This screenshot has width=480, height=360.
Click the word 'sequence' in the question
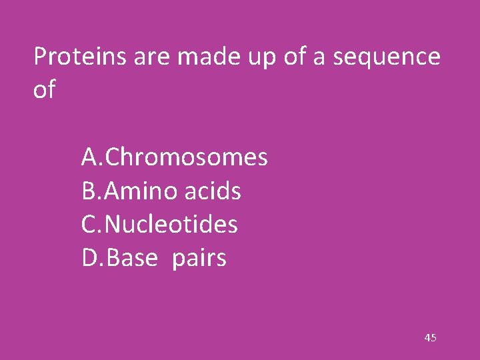point(387,59)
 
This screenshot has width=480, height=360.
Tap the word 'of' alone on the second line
point(44,90)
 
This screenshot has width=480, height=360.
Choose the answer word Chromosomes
point(187,158)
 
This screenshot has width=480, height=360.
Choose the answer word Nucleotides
point(171,225)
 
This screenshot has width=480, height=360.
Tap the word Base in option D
point(130,258)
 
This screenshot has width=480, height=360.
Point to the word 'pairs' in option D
point(199,259)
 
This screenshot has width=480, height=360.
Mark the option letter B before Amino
point(89,192)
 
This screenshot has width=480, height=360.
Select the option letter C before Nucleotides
point(89,225)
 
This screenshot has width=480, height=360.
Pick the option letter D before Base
point(90,258)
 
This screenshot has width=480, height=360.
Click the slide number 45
point(430,339)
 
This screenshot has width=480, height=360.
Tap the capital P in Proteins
point(39,57)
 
